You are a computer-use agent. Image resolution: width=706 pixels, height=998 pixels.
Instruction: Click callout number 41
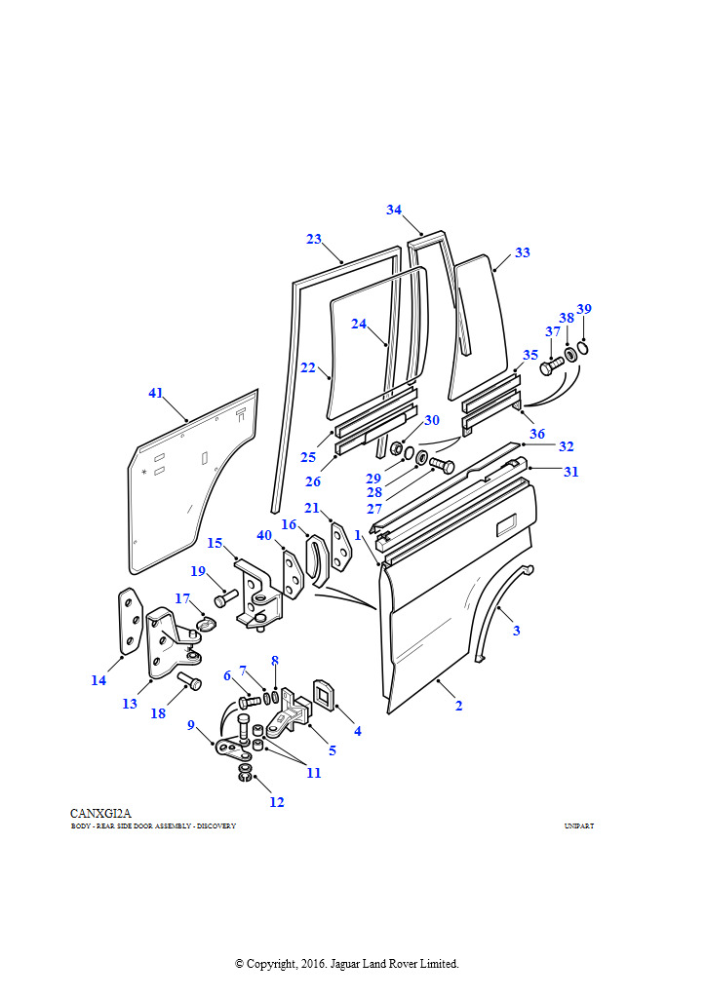155,394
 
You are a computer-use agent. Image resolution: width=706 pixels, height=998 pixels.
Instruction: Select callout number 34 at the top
394,210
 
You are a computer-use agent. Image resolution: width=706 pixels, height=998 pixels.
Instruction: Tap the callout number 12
277,802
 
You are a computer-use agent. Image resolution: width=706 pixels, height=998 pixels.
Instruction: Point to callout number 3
516,631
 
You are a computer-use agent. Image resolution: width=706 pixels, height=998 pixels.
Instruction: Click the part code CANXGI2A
100,813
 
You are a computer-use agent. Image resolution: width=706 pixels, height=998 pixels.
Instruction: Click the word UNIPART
578,826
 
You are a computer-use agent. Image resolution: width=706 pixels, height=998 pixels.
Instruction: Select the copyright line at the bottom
346,964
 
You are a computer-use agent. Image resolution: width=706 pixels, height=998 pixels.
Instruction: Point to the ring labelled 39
582,348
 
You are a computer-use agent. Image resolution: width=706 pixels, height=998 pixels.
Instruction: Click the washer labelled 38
570,354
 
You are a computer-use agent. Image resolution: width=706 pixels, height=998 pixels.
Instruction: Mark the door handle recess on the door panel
508,527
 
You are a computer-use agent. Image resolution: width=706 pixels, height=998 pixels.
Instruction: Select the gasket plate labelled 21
341,548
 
